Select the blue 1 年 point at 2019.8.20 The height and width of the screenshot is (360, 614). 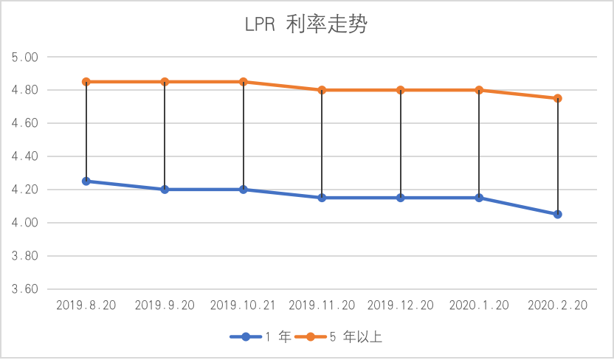tap(86, 181)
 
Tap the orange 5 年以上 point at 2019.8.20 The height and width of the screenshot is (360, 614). tap(86, 82)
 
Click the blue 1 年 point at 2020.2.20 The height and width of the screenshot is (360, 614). tap(557, 214)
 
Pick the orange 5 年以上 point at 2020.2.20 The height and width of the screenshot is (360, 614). tap(557, 98)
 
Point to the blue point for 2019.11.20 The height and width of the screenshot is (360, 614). tap(322, 198)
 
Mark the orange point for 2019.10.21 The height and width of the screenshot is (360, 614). tap(244, 82)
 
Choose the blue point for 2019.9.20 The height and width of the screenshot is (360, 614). tap(165, 190)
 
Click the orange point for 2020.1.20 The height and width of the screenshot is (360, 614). tap(479, 90)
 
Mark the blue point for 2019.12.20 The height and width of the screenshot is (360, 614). tap(401, 198)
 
